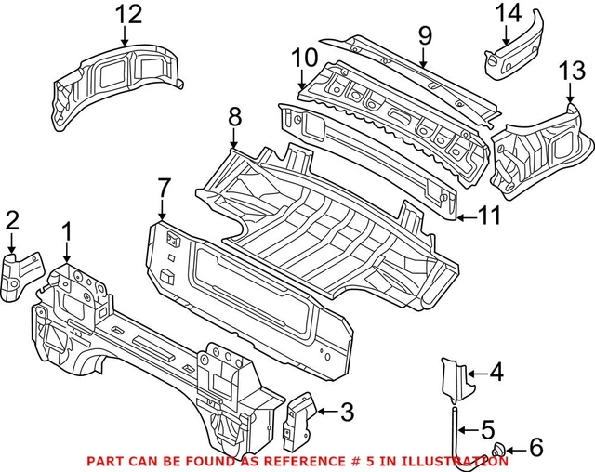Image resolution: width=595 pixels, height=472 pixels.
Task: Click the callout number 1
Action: pyautogui.click(x=67, y=229)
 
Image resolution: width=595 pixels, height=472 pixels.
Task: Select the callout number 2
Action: pyautogui.click(x=11, y=220)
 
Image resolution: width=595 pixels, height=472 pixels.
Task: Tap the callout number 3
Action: pyautogui.click(x=346, y=409)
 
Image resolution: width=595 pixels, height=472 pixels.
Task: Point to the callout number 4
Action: pyautogui.click(x=496, y=374)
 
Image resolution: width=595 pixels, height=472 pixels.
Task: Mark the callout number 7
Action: pyautogui.click(x=164, y=188)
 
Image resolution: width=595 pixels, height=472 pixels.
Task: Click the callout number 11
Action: pyautogui.click(x=488, y=216)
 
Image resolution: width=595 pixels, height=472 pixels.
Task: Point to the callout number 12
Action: pyautogui.click(x=129, y=14)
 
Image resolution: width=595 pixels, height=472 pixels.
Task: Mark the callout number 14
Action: pyautogui.click(x=508, y=13)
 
